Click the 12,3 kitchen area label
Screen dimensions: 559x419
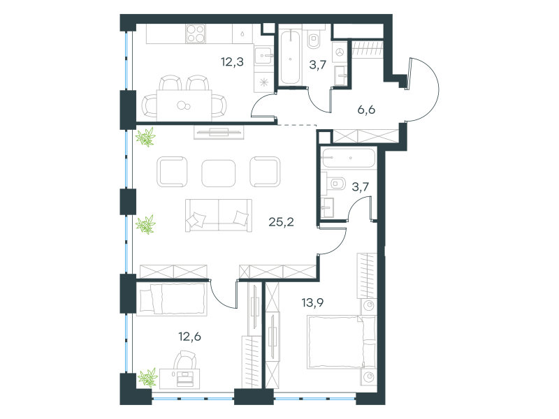pyautogui.click(x=232, y=62)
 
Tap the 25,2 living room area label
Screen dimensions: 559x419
pyautogui.click(x=281, y=222)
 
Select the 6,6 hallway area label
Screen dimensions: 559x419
pyautogui.click(x=366, y=110)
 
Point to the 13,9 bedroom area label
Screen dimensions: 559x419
pyautogui.click(x=312, y=303)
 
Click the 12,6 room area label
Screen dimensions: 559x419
pyautogui.click(x=189, y=337)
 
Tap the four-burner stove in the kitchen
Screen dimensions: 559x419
pyautogui.click(x=196, y=34)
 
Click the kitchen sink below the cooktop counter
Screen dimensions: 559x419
pyautogui.click(x=263, y=56)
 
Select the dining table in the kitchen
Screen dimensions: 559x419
pyautogui.click(x=184, y=105)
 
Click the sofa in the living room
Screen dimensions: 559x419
pyautogui.click(x=219, y=216)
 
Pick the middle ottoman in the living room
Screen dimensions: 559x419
pyautogui.click(x=218, y=173)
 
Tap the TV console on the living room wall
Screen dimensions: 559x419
pyautogui.click(x=219, y=132)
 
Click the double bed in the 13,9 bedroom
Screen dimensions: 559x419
pyautogui.click(x=342, y=342)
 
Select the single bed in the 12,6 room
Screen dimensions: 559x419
pyautogui.click(x=171, y=300)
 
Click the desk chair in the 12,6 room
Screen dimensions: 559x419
pyautogui.click(x=184, y=360)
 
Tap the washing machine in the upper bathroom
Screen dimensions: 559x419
pyautogui.click(x=340, y=52)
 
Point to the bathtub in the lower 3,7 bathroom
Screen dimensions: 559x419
pyautogui.click(x=348, y=158)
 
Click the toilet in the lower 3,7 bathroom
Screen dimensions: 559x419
pyautogui.click(x=335, y=184)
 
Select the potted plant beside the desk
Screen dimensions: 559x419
pyautogui.click(x=148, y=378)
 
